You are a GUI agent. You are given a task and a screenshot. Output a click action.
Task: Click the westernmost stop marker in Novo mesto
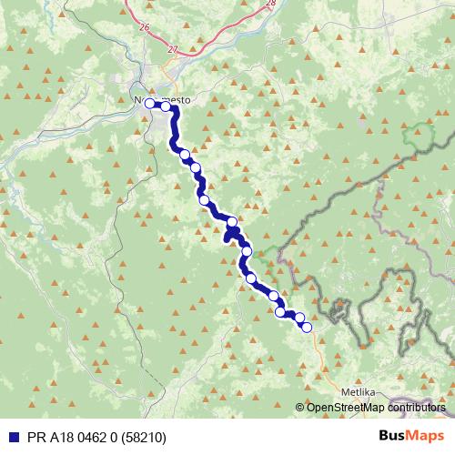coord(149,104)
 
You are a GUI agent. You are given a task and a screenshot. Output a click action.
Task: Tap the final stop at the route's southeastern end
coord(307,327)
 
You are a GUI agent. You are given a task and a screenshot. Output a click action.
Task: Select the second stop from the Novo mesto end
coord(167,106)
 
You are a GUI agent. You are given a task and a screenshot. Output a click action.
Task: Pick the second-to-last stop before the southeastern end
coord(299,317)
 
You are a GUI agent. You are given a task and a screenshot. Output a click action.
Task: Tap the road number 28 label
coord(271,4)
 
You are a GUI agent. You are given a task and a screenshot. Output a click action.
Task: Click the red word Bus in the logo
coord(392,436)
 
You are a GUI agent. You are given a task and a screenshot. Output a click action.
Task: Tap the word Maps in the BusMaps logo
coord(427,436)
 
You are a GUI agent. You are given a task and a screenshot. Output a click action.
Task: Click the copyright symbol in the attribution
coord(300,409)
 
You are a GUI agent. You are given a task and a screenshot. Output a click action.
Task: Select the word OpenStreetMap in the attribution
coord(348,409)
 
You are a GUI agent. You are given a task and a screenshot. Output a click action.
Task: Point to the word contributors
coord(418,409)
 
